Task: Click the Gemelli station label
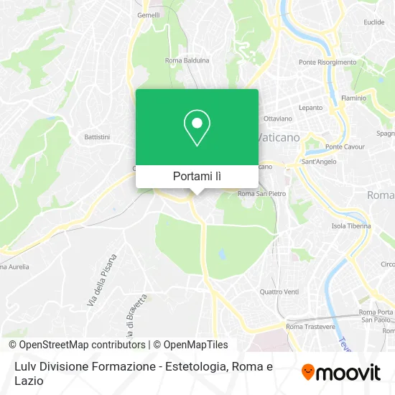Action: [x=148, y=14]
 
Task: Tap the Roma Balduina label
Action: [x=187, y=60]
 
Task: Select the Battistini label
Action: [x=96, y=136]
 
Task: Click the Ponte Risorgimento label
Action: [x=327, y=62]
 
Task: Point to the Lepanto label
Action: [x=311, y=107]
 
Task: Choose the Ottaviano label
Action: [x=278, y=118]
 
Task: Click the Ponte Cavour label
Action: [x=342, y=147]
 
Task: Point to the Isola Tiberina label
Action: [x=350, y=226]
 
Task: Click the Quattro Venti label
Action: [x=279, y=291]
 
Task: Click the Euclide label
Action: [x=374, y=22]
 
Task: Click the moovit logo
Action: [x=341, y=372]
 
